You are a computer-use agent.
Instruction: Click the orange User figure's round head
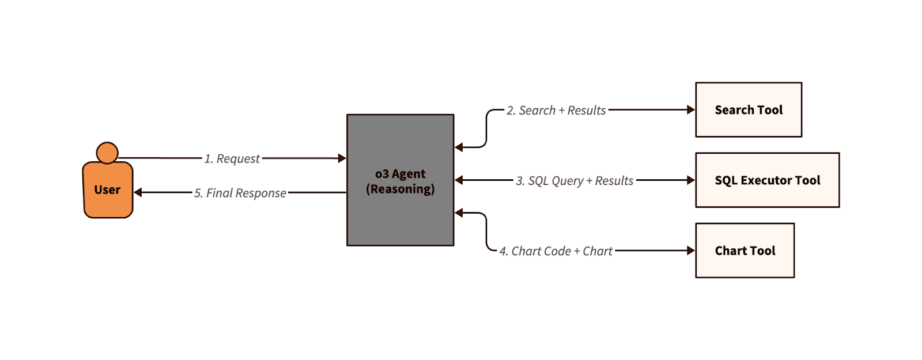[x=107, y=153]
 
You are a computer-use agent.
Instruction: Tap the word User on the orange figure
[x=107, y=190]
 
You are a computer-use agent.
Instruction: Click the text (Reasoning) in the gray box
[x=400, y=189]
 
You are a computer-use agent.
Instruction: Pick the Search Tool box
[x=749, y=109]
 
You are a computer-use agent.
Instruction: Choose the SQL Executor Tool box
[x=767, y=180]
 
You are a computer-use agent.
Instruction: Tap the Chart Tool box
[x=745, y=251]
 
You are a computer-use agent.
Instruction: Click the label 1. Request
[x=232, y=158]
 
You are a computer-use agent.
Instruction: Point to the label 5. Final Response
[x=240, y=193]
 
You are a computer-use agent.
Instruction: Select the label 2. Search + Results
[x=556, y=110]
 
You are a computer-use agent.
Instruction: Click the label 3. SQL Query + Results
[x=575, y=181]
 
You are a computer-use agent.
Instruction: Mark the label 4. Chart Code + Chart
[x=556, y=251]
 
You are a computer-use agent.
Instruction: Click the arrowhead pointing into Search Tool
[x=691, y=109]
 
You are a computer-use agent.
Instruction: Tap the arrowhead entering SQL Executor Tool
[x=691, y=180]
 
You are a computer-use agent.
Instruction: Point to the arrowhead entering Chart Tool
[x=691, y=251]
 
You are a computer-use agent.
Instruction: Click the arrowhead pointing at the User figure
[x=138, y=192]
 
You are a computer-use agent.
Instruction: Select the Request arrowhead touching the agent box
[x=342, y=158]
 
